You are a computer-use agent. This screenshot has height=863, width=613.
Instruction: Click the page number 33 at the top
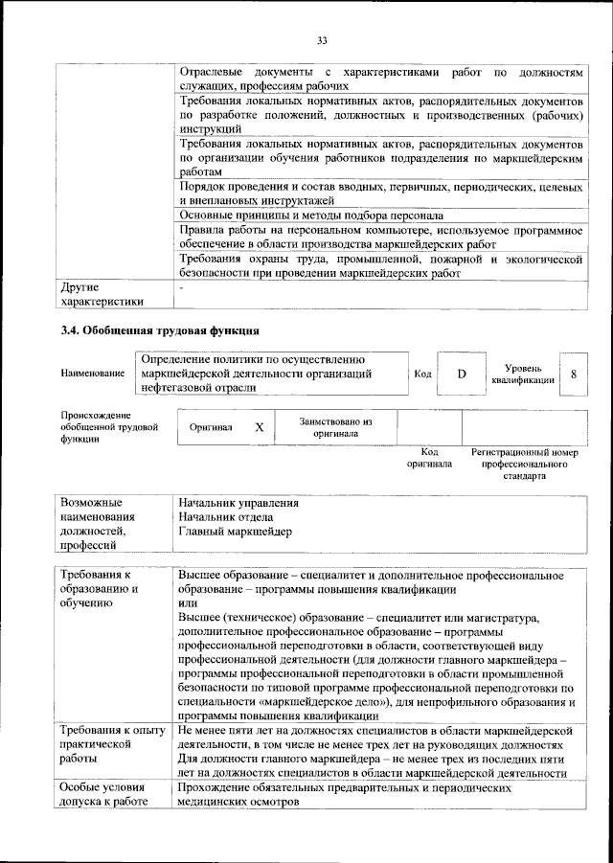[322, 39]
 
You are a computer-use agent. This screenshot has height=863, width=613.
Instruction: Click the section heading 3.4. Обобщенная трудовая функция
[151, 331]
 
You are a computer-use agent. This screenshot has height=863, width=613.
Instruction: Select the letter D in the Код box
[461, 374]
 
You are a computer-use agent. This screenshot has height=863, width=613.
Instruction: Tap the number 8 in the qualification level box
[573, 374]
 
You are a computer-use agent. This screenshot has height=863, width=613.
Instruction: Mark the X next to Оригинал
[259, 427]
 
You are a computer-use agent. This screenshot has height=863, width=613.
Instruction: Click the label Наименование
[94, 374]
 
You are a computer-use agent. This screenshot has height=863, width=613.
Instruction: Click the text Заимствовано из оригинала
[334, 427]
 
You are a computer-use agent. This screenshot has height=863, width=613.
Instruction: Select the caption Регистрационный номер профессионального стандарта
[524, 463]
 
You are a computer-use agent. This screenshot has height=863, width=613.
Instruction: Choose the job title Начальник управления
[238, 503]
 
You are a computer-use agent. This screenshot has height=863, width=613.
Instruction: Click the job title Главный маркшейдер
[236, 532]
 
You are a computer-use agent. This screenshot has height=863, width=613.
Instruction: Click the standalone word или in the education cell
[188, 603]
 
